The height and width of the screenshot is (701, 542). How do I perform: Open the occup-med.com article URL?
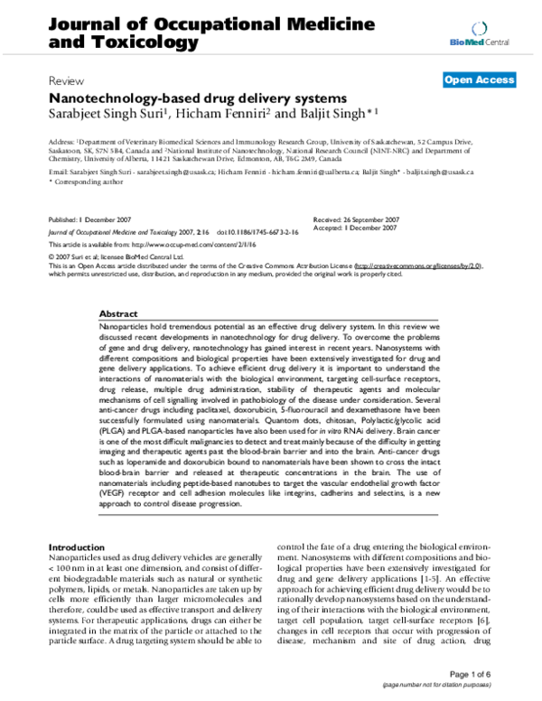pos(196,243)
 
